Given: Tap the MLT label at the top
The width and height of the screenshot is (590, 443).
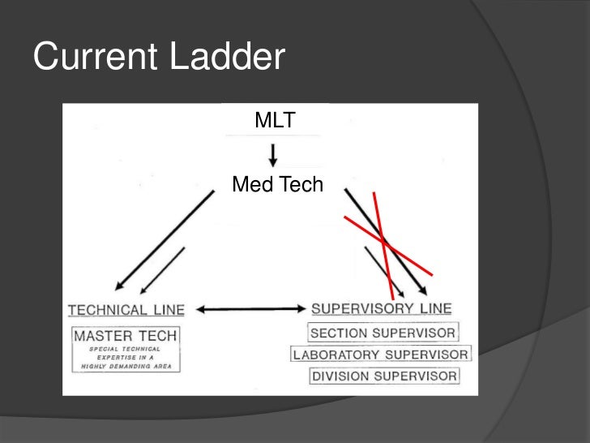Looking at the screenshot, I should point(275,121).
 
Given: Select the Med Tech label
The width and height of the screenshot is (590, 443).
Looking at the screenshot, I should point(277,186).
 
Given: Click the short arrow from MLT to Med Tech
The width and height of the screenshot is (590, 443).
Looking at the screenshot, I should point(274,155).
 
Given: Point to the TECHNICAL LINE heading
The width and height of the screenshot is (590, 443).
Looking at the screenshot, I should point(126,309).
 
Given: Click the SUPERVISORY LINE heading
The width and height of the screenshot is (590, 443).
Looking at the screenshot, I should point(382,308).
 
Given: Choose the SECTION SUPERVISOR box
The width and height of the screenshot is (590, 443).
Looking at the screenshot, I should point(383,333).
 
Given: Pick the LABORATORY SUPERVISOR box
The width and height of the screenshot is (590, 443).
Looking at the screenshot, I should point(381,355).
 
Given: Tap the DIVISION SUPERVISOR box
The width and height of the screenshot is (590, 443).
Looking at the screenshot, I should point(383,376).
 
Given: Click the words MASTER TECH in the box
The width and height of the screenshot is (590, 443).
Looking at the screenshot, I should point(126,334).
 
